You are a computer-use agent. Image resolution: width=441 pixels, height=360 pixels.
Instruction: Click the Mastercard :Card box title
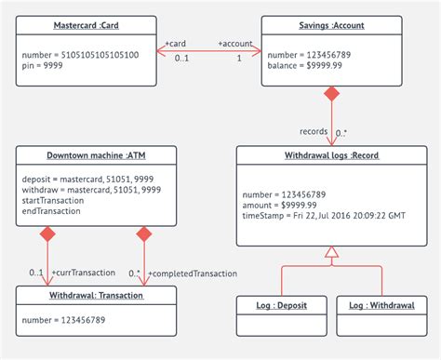tap(86, 25)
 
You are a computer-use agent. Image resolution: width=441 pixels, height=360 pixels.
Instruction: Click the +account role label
tap(236, 44)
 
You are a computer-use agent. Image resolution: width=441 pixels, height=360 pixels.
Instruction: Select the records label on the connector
tap(313, 131)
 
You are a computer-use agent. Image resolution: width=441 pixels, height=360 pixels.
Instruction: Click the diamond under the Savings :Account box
tap(330, 95)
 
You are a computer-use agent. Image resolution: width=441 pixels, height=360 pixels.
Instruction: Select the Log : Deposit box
tap(281, 305)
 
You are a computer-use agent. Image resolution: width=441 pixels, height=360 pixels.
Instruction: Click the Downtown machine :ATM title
tap(96, 155)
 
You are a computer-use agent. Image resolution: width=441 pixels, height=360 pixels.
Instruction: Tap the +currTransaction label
tap(83, 273)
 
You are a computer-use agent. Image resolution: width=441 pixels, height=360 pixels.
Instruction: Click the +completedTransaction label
tap(192, 273)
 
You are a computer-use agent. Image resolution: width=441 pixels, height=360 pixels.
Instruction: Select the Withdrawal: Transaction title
tap(95, 295)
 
